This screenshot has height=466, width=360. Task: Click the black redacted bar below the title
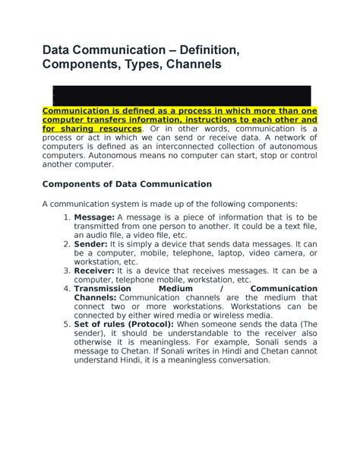180,95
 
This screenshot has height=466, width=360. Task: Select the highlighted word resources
115,129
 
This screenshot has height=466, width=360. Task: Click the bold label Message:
94,217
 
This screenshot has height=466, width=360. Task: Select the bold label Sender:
92,244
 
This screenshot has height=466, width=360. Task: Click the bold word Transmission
106,289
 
